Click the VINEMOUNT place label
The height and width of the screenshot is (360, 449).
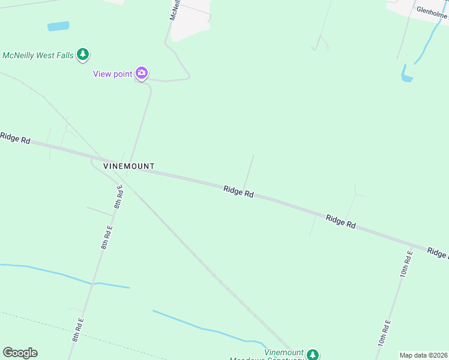coord(128,166)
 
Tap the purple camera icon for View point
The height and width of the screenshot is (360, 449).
coord(142,73)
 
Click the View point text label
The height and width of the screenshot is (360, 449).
coord(112,74)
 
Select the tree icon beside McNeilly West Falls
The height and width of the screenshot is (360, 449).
coord(83,55)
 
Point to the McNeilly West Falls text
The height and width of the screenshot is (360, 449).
coord(37,55)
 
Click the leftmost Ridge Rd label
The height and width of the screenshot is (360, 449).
coord(15,137)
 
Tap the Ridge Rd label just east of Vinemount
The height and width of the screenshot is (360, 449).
coord(238,191)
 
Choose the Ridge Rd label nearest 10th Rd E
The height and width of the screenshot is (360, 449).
coord(341,221)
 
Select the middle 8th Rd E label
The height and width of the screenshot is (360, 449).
coord(106,237)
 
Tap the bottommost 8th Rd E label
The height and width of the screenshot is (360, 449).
coord(77,330)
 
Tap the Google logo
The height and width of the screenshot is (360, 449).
coord(20,353)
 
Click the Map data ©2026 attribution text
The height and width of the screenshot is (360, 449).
coord(423,355)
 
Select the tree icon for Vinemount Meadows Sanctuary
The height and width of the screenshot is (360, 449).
coord(312,355)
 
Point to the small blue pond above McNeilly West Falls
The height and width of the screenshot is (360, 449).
coord(58,26)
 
